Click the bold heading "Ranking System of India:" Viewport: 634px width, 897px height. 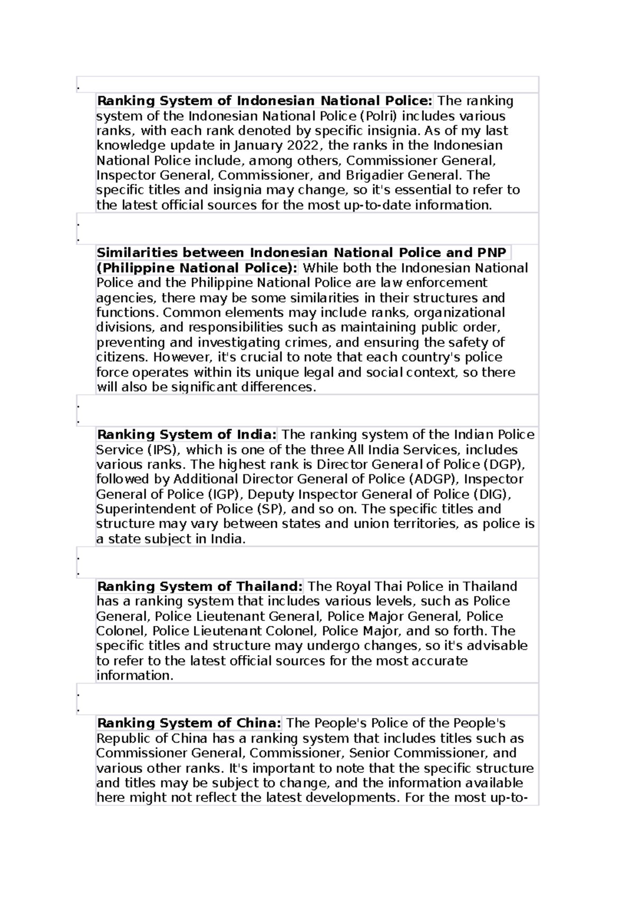pos(187,435)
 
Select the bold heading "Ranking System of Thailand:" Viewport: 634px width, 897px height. pos(200,586)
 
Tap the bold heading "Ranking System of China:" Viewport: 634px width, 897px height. pos(189,723)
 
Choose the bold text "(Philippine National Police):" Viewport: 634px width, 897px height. pos(197,268)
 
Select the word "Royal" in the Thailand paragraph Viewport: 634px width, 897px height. pos(355,586)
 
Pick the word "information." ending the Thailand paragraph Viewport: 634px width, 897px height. pos(135,676)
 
